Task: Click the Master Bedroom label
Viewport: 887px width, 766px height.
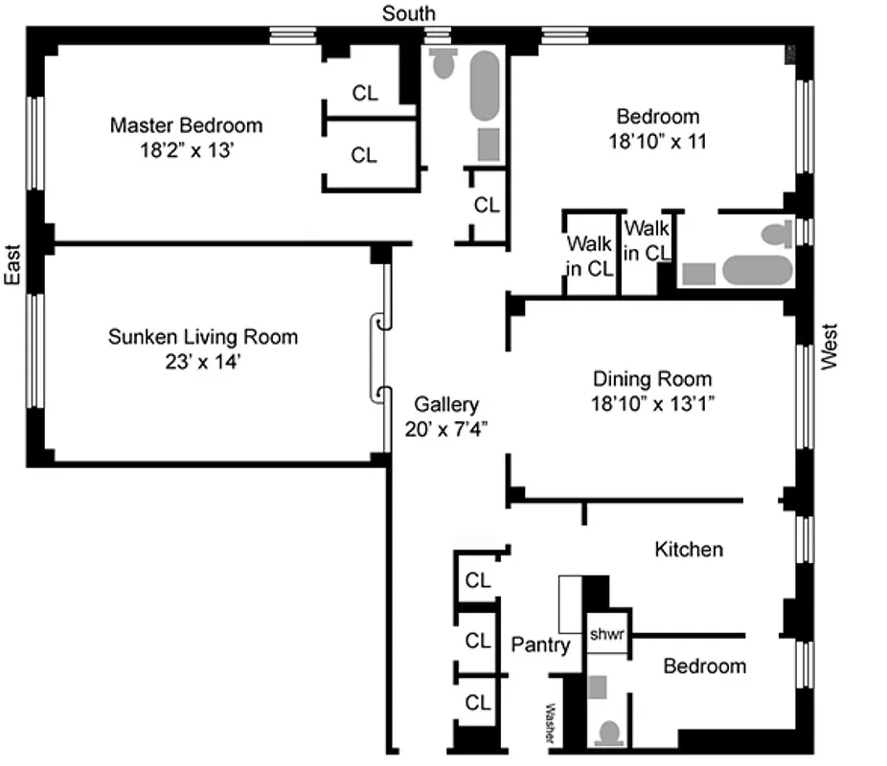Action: pos(186,125)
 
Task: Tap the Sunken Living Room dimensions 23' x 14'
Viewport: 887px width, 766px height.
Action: pos(202,362)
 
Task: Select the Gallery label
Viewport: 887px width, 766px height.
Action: pos(445,404)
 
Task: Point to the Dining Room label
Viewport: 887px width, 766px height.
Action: pos(651,378)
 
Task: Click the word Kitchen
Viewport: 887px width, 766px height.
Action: pos(688,550)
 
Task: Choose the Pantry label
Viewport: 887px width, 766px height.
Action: pos(540,644)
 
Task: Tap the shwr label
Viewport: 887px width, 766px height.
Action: pos(606,634)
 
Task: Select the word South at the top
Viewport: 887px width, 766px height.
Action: pos(409,13)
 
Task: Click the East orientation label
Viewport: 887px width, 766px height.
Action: pos(12,264)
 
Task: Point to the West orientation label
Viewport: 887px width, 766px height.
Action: pos(830,346)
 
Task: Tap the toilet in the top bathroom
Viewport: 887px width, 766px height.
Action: pos(443,63)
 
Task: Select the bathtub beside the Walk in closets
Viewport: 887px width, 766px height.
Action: pos(757,270)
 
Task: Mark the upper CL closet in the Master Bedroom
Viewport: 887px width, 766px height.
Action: pos(365,93)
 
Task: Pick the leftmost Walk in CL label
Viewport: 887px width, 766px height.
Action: pos(588,256)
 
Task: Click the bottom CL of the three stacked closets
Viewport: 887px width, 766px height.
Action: pos(477,702)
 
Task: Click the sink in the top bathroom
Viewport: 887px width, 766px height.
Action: pos(489,144)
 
